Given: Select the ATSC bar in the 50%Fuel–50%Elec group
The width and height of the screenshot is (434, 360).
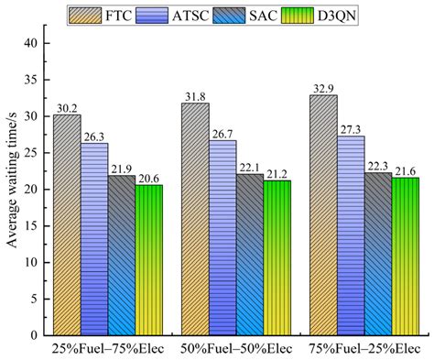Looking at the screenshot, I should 223,237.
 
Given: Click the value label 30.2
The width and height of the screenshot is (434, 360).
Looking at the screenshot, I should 67,107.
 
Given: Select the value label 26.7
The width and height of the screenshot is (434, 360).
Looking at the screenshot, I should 223,133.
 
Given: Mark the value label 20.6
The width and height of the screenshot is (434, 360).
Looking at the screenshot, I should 148,178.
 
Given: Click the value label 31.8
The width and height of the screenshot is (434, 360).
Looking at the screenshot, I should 197,95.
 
